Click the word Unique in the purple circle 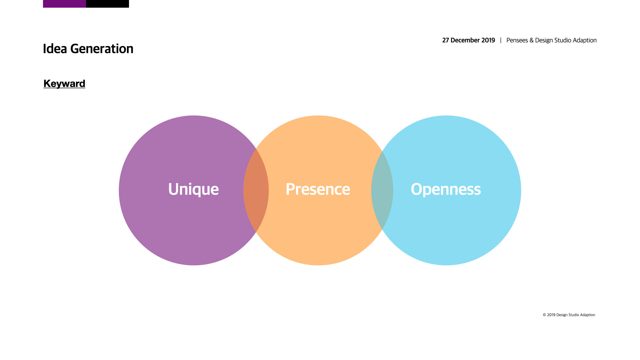tap(193, 189)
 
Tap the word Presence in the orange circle tap(318, 189)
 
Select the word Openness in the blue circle tap(446, 189)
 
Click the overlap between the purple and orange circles tap(256, 190)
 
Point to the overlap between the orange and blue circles tap(382, 190)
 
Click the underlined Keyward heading tap(64, 83)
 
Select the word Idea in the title tap(55, 49)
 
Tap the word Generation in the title tap(102, 49)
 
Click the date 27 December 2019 tap(469, 40)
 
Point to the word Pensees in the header tap(517, 40)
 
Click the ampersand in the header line tap(531, 40)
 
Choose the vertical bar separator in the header tap(501, 40)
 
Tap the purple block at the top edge tap(64, 4)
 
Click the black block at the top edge tap(107, 4)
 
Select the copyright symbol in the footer tap(544, 315)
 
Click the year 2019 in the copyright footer tap(551, 315)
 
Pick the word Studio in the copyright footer tap(573, 315)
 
